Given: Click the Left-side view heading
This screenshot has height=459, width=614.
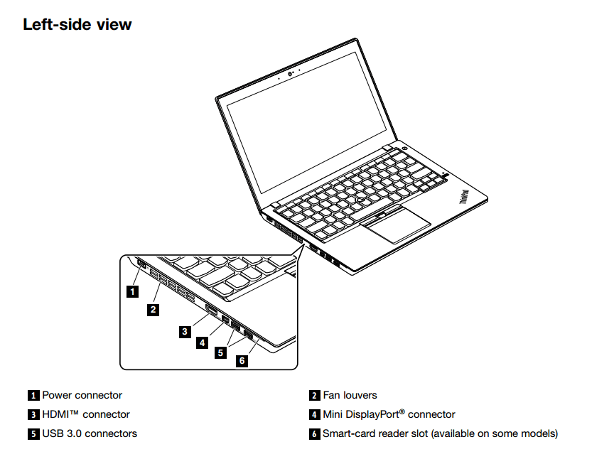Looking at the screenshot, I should coord(77,24).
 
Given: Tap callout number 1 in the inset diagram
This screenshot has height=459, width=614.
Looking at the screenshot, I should coord(132,290).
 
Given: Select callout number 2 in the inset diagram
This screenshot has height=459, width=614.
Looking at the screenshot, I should coord(153,309).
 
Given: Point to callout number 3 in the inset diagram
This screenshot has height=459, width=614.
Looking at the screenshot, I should coord(185,330).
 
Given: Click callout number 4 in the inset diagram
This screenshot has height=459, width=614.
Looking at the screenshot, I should coord(203,342).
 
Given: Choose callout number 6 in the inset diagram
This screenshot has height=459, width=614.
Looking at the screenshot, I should coord(242,361).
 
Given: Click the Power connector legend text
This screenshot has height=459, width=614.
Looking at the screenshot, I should coord(82,395).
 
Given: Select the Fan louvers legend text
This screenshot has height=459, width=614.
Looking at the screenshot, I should coord(350,395).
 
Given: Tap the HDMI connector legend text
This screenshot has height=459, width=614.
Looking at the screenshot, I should coord(86,414).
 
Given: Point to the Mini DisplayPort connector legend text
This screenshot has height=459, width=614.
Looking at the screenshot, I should coord(389,414).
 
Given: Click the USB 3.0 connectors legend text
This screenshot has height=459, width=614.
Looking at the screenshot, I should coord(90,433).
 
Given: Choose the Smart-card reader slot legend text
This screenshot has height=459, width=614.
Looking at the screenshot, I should coord(440,433).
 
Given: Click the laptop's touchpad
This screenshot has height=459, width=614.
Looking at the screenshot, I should coord(395,224).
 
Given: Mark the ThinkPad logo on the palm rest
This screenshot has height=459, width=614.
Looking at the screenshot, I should coord(463,197).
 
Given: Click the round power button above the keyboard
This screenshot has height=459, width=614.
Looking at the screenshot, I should coord(404,148).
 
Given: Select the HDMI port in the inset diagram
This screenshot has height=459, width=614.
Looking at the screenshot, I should coord(211,308).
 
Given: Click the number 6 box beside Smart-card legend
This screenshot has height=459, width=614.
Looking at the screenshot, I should coord(314,433).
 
